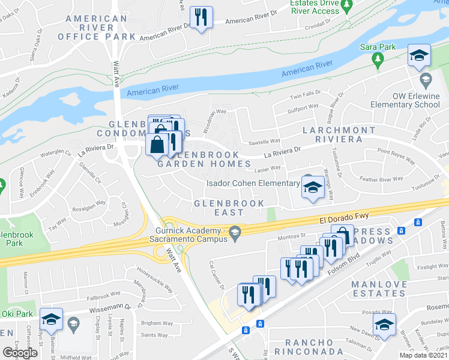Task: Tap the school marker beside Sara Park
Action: [419, 56]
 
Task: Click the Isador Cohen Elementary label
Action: [253, 184]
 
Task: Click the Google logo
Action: [20, 353]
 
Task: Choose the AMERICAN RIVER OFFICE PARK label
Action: [97, 28]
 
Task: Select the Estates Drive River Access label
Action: [315, 7]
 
